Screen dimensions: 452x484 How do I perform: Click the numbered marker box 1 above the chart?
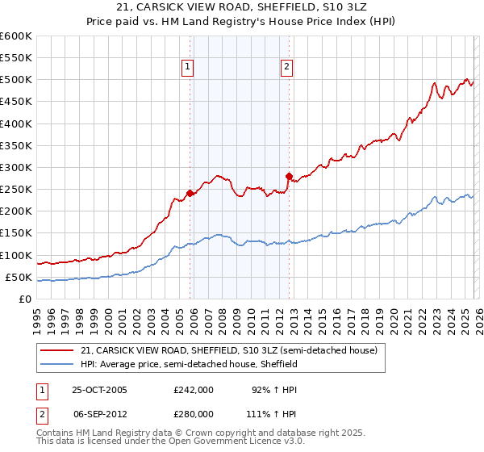(187, 68)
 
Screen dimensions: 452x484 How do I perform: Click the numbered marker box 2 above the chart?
(286, 68)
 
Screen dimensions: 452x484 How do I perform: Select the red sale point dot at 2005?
(190, 193)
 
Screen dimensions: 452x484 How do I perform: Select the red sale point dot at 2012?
(289, 176)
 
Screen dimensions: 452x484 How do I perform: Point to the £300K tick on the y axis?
(17, 167)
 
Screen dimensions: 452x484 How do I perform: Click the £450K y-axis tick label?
(17, 102)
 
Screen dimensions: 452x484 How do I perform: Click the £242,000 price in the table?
(193, 390)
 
